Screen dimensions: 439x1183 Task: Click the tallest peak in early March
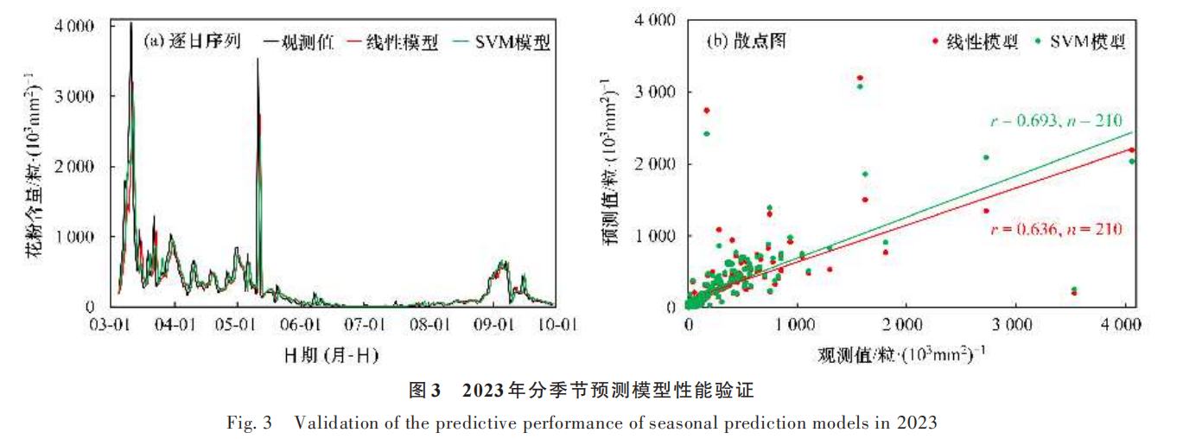coord(130,23)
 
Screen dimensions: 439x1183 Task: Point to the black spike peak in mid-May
coord(258,59)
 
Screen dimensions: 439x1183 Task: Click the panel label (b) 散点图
coord(747,41)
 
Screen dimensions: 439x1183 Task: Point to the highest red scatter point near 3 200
coord(859,78)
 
